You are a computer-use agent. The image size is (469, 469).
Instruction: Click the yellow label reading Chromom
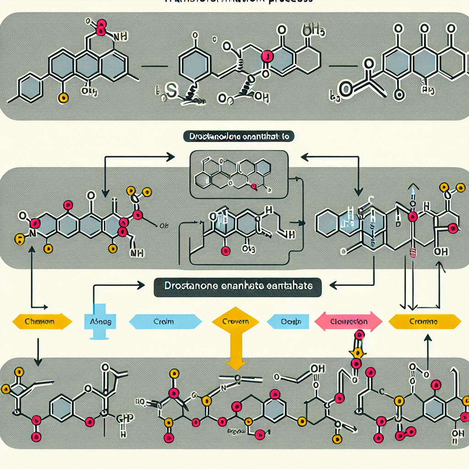(x=41, y=322)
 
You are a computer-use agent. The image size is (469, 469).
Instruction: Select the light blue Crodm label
(x=165, y=322)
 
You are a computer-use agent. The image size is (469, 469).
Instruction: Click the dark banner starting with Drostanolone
(x=238, y=136)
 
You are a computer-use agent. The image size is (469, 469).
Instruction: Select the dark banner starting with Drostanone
(x=237, y=286)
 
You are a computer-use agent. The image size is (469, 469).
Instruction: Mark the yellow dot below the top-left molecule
(x=64, y=97)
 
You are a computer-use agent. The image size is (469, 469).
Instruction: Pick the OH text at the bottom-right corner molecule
(x=457, y=433)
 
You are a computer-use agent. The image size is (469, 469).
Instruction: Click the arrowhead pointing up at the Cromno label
(x=428, y=338)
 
